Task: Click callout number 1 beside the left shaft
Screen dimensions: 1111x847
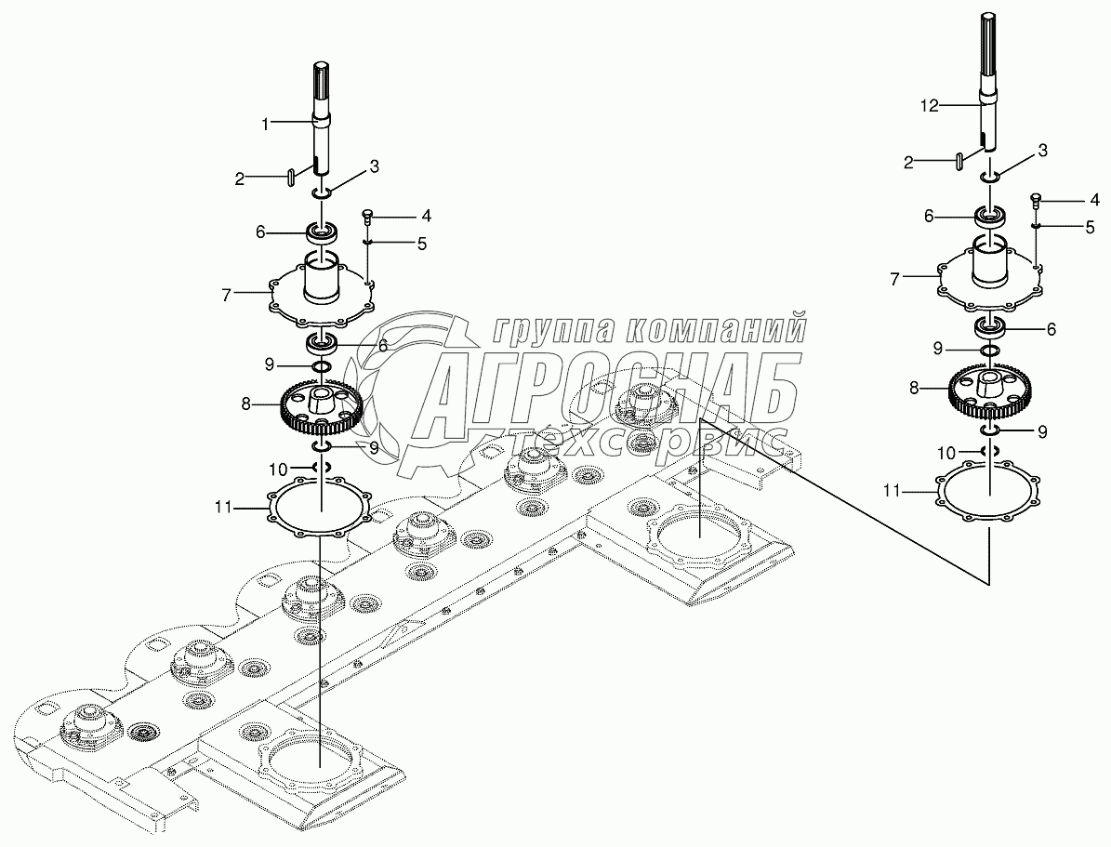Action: coord(264,122)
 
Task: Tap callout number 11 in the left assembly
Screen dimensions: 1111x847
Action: coord(223,507)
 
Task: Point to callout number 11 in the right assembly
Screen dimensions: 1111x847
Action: coord(892,489)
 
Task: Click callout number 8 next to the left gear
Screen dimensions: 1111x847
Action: coord(245,404)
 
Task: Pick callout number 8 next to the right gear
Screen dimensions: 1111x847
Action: coord(914,387)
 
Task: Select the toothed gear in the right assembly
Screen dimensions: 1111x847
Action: coord(990,388)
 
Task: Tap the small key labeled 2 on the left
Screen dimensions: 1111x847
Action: coord(291,174)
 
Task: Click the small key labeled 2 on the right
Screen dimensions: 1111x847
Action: coord(958,160)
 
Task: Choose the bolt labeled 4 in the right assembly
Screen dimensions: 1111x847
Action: coord(1036,199)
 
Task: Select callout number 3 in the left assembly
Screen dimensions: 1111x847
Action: coord(374,166)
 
